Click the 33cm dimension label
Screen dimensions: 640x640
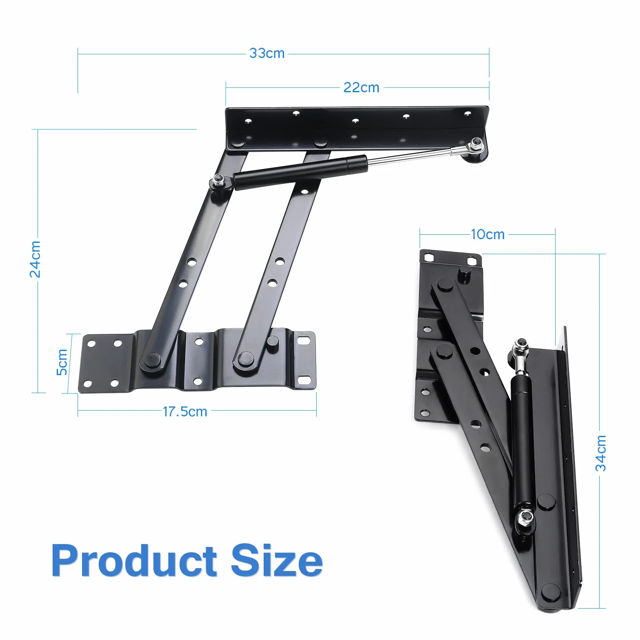coord(267,53)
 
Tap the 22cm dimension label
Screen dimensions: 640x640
coord(361,88)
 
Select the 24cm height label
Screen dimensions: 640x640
coord(36,259)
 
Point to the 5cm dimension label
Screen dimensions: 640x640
coord(62,362)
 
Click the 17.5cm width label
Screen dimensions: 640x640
coord(185,411)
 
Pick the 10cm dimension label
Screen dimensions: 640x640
coord(487,235)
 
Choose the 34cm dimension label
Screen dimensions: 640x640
coord(601,453)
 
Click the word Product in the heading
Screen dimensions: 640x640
coord(134,561)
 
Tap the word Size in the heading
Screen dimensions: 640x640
coord(277,561)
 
